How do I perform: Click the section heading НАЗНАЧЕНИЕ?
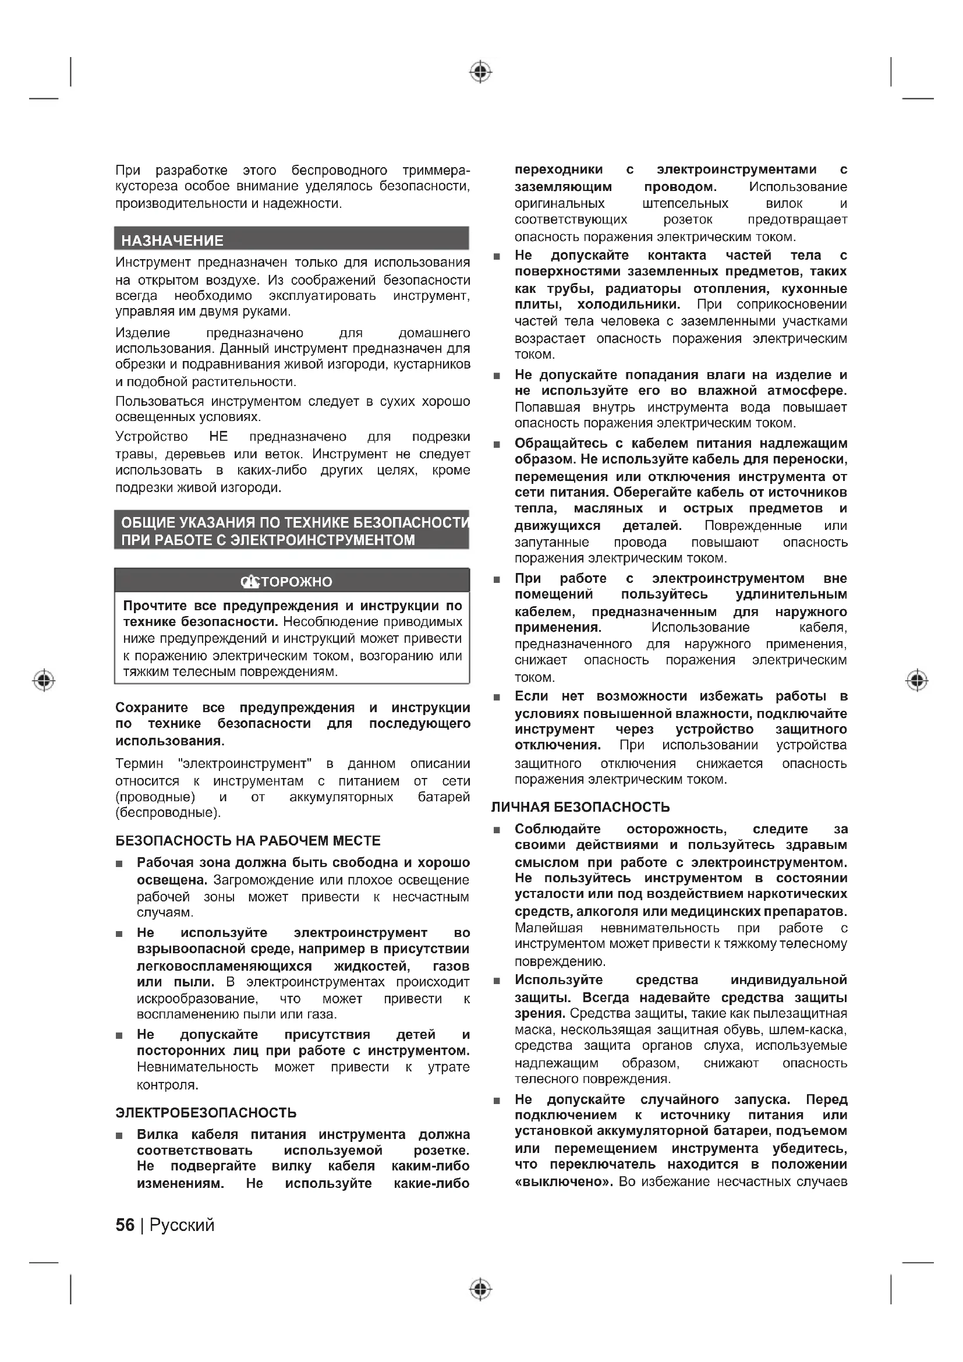(172, 241)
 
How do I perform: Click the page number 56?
(125, 1225)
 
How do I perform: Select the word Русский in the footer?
(182, 1225)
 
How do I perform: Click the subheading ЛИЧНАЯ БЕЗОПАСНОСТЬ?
(580, 807)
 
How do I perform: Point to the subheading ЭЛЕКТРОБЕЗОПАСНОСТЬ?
(206, 1113)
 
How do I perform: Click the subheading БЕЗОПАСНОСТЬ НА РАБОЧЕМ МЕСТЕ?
(248, 841)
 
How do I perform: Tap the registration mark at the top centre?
(480, 72)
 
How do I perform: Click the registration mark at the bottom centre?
(480, 1289)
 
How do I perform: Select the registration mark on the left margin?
(44, 680)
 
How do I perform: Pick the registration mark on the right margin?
(917, 680)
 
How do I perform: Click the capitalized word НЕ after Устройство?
(218, 437)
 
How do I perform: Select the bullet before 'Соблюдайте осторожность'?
(497, 830)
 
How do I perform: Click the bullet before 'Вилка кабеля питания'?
(119, 1135)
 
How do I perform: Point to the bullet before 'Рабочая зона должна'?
(119, 864)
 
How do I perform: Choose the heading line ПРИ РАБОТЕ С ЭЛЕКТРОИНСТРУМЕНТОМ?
(268, 540)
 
